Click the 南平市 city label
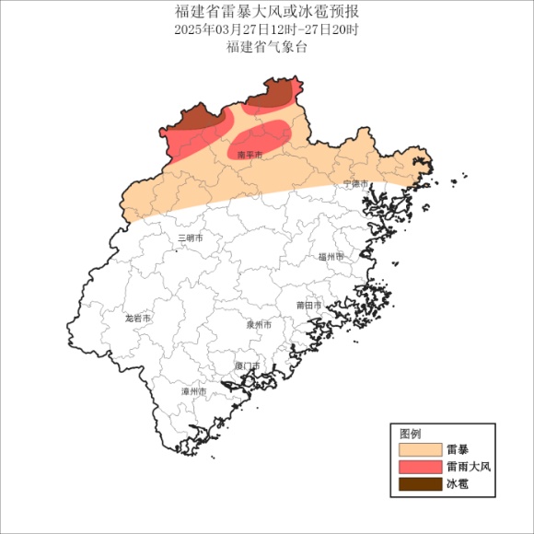[250, 156]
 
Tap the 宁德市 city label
[355, 183]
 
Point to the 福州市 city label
[330, 257]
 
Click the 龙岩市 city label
[138, 318]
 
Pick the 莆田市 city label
[308, 305]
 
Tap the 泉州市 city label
[259, 324]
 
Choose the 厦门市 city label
[247, 366]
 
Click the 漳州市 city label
[194, 391]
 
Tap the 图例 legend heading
[411, 434]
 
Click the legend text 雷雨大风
[469, 467]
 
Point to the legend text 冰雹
[458, 483]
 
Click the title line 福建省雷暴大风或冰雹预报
[266, 12]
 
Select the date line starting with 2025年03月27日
[266, 29]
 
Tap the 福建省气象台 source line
[266, 47]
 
